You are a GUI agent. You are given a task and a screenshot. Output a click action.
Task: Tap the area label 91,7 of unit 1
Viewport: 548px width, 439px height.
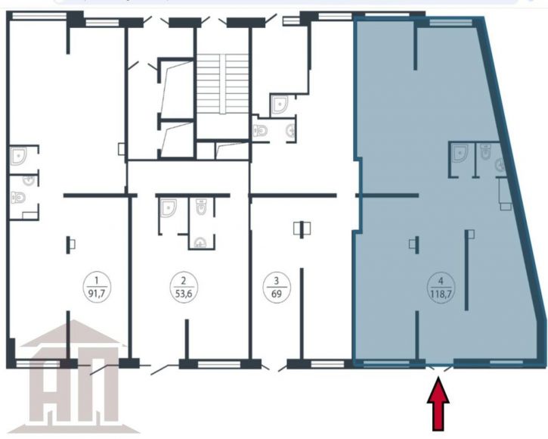pyautogui.click(x=97, y=294)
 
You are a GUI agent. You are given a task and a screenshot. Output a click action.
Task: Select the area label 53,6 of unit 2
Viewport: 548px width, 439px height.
pyautogui.click(x=184, y=294)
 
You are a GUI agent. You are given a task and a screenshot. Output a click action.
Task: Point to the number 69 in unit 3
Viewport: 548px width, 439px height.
pyautogui.click(x=277, y=294)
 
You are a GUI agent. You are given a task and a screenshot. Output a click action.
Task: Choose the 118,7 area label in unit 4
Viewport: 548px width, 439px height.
pyautogui.click(x=441, y=294)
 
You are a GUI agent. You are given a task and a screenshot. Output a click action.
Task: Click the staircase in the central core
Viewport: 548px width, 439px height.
pyautogui.click(x=223, y=84)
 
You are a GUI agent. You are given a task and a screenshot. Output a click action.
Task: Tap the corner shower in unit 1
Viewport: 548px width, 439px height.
pyautogui.click(x=18, y=156)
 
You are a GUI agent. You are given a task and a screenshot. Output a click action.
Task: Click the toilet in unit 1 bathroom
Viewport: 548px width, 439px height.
pyautogui.click(x=18, y=198)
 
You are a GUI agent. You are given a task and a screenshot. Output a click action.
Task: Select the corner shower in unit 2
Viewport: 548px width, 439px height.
pyautogui.click(x=168, y=208)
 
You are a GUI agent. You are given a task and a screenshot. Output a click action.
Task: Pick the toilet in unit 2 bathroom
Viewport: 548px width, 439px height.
pyautogui.click(x=201, y=207)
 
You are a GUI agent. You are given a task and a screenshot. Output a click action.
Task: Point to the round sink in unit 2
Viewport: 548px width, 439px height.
pyautogui.click(x=200, y=243)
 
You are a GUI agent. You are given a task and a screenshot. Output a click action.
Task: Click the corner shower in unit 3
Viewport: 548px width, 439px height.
pyautogui.click(x=280, y=105)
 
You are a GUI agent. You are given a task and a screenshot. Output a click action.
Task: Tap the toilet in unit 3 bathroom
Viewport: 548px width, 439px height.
pyautogui.click(x=260, y=131)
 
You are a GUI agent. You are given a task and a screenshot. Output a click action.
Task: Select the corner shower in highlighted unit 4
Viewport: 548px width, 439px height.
pyautogui.click(x=460, y=154)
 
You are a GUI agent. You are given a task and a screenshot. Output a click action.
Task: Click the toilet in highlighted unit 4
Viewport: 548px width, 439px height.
pyautogui.click(x=485, y=151)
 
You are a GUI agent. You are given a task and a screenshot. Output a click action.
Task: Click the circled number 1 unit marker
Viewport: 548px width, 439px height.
pyautogui.click(x=97, y=286)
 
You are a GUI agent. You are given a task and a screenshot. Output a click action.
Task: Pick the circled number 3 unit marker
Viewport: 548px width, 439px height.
pyautogui.click(x=277, y=287)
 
